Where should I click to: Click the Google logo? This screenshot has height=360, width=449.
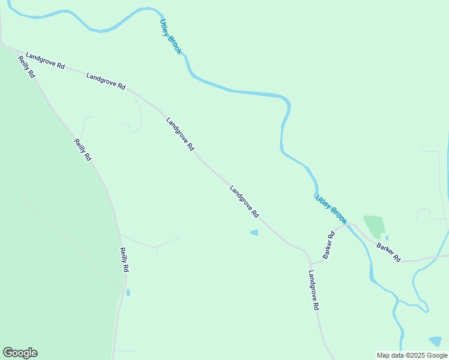20,353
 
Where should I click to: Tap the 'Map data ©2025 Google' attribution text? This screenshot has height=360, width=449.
412,355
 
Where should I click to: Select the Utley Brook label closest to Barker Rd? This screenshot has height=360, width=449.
331,209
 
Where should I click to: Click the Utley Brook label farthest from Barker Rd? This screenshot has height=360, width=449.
170,37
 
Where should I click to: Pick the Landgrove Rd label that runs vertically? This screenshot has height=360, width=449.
313,290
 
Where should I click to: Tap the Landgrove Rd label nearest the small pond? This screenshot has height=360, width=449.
244,201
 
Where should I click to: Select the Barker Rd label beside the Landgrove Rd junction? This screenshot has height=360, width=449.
328,245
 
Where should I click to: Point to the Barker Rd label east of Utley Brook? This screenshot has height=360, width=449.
388,252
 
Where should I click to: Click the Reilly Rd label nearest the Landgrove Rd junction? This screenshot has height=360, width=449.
27,69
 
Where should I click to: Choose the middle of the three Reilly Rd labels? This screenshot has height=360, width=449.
83,150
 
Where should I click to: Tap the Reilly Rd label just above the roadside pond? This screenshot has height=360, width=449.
124,260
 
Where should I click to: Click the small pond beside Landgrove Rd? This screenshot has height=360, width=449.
254,232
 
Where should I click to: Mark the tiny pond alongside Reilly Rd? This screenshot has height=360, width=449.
128,292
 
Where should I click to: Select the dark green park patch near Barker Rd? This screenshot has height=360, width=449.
373,226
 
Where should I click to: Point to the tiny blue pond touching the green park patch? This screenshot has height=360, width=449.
386,238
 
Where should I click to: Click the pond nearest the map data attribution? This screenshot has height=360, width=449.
435,341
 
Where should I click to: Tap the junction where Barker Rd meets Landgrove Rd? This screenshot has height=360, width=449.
310,263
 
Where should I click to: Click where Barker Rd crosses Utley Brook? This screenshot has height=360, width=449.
350,225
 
